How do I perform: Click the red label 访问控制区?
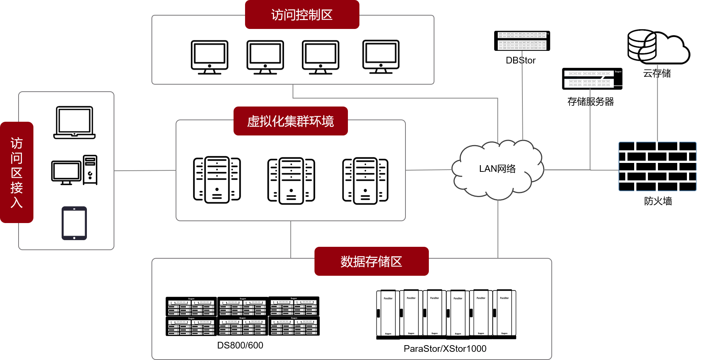pos(302,15)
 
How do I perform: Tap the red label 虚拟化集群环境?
pos(290,121)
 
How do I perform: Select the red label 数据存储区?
pos(371,262)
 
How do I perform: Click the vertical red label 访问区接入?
pos(17,173)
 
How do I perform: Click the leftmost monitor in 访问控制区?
pos(209,57)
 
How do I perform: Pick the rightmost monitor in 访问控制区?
pos(381,56)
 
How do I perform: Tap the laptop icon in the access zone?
pos(74,122)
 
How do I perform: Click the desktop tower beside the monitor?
pos(90,170)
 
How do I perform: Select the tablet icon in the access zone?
pos(74,223)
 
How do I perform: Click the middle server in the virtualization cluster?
pos(291,180)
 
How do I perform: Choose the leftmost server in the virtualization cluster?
pos(217,180)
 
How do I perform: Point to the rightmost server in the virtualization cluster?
pos(365,180)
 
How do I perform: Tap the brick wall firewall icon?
pos(657,167)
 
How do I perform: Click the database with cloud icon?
pos(657,47)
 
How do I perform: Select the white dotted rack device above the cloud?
pos(522,41)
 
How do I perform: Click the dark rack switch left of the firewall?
pos(589,79)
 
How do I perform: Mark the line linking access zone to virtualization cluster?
pos(145,171)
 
